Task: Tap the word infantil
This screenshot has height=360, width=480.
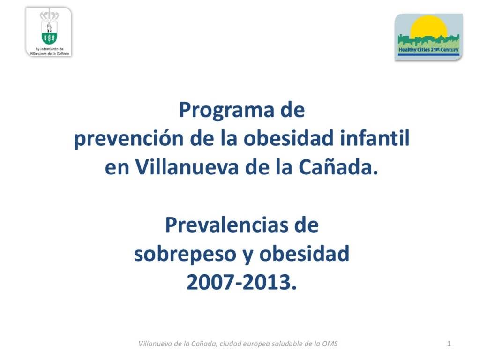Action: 375,137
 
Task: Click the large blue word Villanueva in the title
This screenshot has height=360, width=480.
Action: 187,167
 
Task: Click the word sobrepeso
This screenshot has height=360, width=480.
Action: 185,255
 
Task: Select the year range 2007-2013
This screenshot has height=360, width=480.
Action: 242,282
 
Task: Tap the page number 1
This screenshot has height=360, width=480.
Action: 449,344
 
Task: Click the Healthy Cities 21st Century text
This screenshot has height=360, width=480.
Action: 428,49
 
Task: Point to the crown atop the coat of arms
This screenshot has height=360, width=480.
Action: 49,16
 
